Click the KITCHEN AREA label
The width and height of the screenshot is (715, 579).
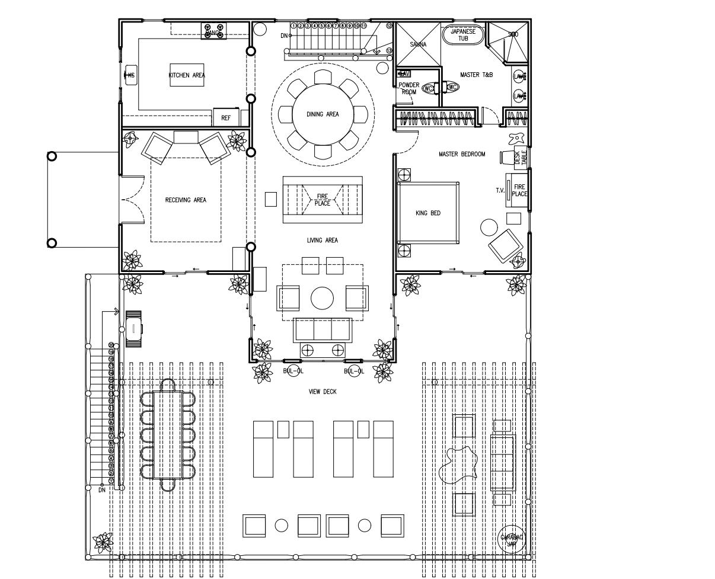(187, 75)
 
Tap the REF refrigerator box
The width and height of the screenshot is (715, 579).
(226, 118)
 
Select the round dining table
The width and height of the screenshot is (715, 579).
(323, 114)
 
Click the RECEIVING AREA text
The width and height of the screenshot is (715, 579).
(186, 200)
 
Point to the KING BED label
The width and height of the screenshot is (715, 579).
(427, 213)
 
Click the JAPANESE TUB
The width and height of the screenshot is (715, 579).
(463, 34)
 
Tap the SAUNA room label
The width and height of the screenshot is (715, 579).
(418, 44)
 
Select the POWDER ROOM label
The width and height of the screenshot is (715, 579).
(408, 88)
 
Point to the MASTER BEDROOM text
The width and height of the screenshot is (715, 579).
(462, 154)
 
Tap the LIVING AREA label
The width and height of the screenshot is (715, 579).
(323, 241)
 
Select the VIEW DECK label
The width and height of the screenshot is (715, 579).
(323, 392)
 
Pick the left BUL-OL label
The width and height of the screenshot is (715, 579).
(292, 372)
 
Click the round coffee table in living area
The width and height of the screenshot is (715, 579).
(323, 298)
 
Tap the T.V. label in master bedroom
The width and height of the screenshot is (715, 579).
(500, 191)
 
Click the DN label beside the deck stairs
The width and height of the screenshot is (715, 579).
(102, 490)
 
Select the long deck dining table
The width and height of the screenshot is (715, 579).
(167, 434)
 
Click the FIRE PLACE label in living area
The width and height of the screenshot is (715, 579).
(323, 200)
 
